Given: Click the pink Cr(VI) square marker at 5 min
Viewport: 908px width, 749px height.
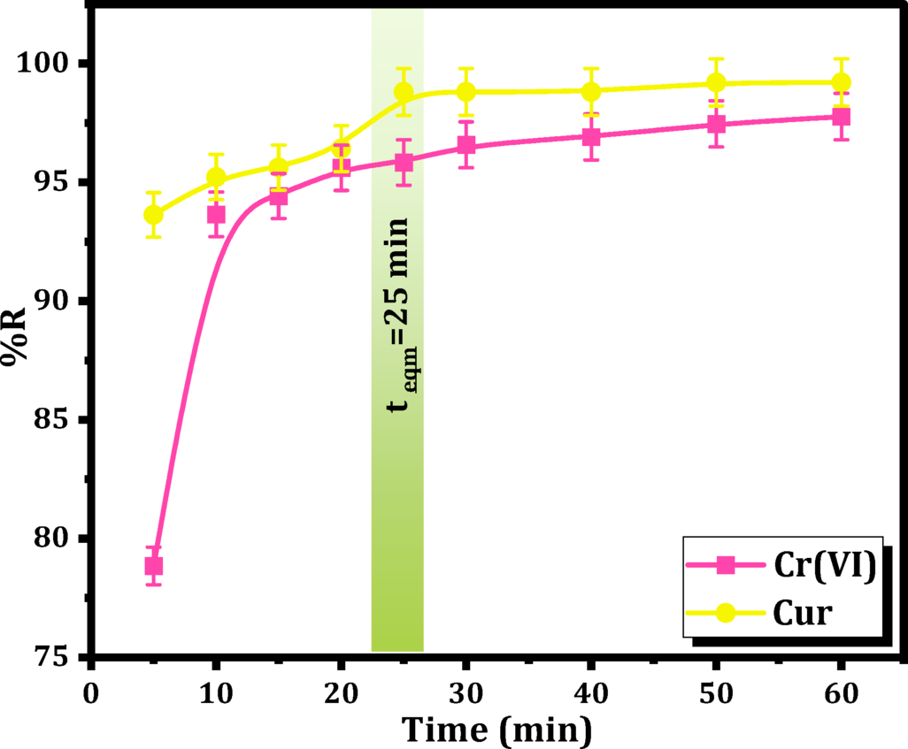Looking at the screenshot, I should tap(154, 566).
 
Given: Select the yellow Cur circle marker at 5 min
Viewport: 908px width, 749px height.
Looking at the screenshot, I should tap(154, 215).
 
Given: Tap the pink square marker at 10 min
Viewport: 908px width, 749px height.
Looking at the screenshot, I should tap(216, 215).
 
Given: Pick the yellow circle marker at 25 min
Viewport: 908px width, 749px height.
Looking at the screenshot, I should tap(404, 92).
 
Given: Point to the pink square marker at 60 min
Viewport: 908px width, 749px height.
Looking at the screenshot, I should tap(842, 117).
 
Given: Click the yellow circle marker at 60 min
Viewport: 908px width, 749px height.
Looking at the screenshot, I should tap(842, 82).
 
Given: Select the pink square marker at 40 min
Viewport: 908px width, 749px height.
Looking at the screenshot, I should tap(591, 137).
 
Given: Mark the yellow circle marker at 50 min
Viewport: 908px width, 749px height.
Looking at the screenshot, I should tap(717, 83).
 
